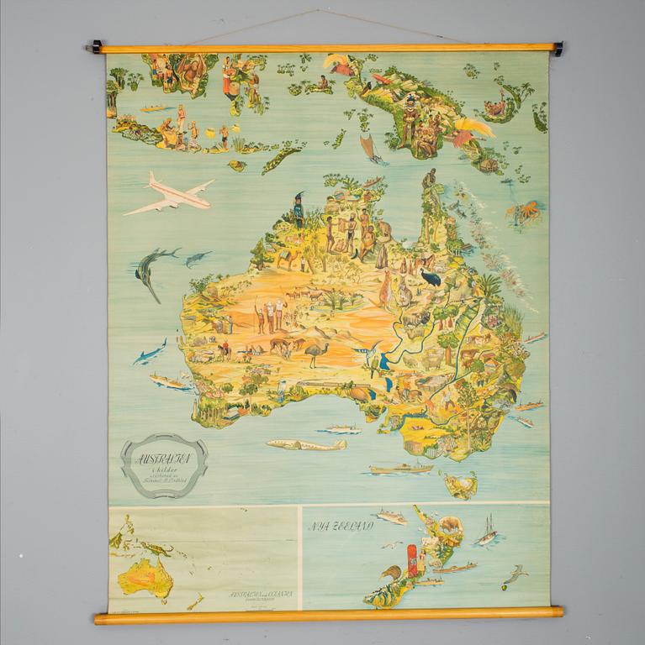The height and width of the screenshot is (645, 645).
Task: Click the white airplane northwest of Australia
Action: click(x=171, y=194)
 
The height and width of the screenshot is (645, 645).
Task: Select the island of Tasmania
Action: click(x=461, y=484)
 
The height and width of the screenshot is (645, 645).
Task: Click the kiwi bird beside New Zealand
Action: click(x=389, y=574)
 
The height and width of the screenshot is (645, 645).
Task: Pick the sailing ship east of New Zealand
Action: click(x=488, y=532)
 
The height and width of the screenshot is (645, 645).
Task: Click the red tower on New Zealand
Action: click(x=412, y=560)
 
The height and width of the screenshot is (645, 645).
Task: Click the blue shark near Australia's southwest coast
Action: click(x=149, y=352)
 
